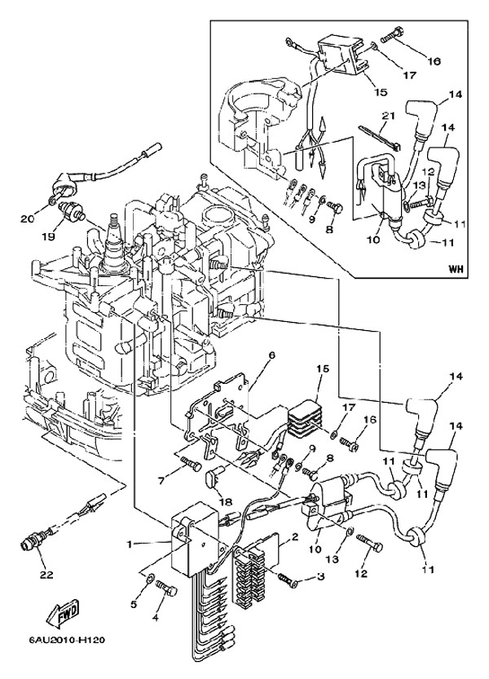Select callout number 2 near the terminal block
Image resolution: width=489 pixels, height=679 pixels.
[x=295, y=536]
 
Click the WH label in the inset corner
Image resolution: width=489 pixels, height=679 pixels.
[x=455, y=268]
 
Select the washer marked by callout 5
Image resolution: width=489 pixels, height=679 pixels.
[x=151, y=580]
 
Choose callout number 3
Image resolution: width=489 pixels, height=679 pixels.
[x=321, y=578]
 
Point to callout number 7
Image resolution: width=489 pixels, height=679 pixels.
[x=161, y=480]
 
